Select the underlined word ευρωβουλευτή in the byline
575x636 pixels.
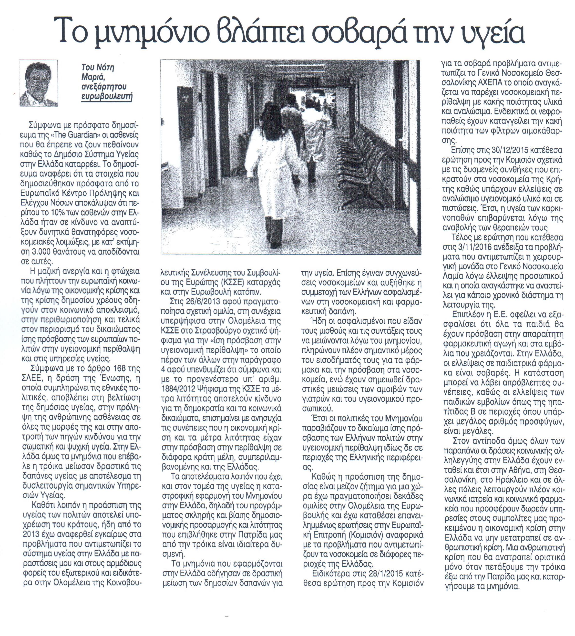107,97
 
